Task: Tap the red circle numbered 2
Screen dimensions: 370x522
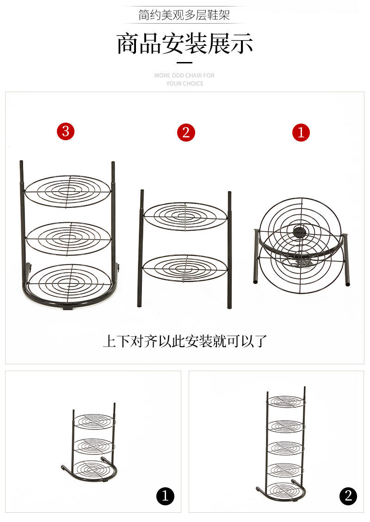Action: (186, 133)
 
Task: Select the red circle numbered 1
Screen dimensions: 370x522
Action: (301, 133)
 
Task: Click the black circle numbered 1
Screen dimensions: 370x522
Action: (165, 497)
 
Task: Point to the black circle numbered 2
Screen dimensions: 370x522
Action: (348, 497)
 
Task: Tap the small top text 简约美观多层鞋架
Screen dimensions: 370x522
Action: (185, 15)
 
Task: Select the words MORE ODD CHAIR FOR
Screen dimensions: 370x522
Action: (185, 75)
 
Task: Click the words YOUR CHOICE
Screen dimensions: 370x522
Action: (185, 83)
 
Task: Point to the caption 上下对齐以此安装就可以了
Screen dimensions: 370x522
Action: (185, 341)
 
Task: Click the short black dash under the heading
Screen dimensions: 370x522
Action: (185, 62)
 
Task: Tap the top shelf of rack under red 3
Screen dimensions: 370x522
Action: (68, 191)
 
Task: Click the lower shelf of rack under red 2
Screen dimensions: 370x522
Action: (185, 268)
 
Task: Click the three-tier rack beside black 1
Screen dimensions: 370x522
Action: (92, 444)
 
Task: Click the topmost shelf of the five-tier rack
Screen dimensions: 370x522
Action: (285, 401)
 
